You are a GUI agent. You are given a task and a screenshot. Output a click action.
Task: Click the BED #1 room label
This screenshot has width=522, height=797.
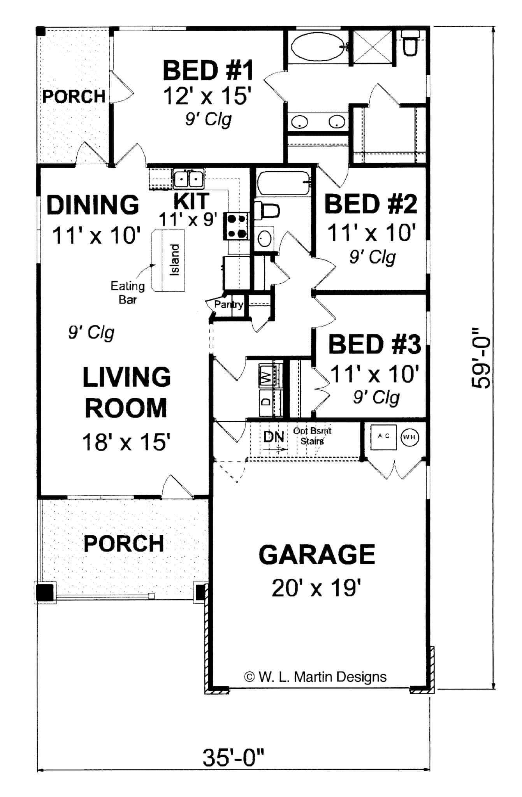click(x=208, y=70)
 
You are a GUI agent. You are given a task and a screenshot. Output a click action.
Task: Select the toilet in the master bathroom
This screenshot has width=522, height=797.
click(x=410, y=44)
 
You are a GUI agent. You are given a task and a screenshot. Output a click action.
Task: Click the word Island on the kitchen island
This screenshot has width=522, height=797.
click(x=175, y=260)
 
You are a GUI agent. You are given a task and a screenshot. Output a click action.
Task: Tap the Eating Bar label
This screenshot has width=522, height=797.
click(x=128, y=292)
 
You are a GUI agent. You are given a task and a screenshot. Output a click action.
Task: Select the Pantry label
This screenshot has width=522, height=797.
click(x=228, y=304)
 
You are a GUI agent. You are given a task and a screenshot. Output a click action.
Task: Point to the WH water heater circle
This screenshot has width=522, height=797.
click(x=410, y=437)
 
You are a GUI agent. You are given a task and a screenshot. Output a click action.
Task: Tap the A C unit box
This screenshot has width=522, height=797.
click(x=383, y=436)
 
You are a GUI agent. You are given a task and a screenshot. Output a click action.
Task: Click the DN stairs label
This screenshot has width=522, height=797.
click(x=274, y=437)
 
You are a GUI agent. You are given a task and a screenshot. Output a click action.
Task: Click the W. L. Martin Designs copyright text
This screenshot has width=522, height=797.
click(x=315, y=677)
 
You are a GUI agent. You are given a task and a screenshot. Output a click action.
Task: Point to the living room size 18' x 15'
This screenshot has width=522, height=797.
click(x=126, y=442)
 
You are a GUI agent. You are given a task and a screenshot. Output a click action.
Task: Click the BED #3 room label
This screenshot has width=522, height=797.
click(x=374, y=344)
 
